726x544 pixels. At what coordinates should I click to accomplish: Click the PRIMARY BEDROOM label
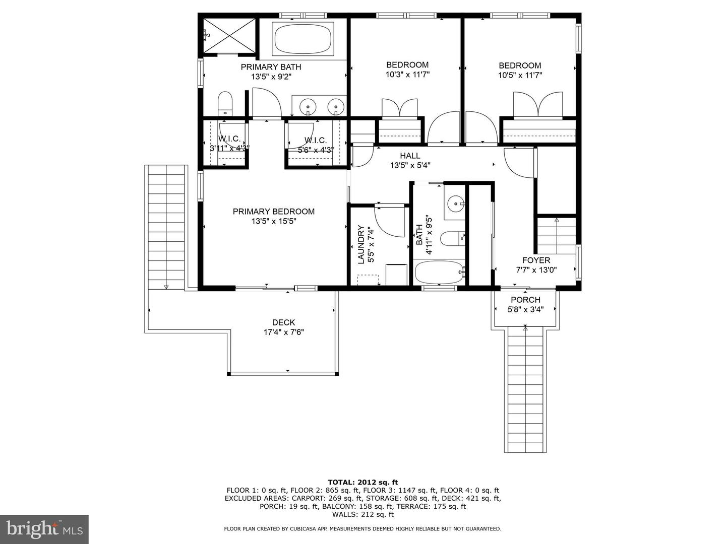tap(273, 212)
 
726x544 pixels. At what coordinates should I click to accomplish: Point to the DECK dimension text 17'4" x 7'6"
tap(283, 332)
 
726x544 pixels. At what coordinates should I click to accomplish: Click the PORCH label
tap(525, 300)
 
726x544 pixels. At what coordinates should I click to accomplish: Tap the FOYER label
tap(536, 260)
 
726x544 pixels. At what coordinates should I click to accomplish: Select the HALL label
tap(410, 156)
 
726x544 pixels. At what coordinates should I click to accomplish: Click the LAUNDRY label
tap(361, 245)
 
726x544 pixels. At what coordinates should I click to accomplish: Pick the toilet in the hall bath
tap(450, 238)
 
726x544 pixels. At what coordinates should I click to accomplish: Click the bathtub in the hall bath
tap(439, 273)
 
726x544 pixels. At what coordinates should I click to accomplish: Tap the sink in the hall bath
tap(456, 204)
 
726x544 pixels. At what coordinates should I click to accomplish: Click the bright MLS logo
tap(44, 529)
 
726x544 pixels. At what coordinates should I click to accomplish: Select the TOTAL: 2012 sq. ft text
tap(362, 482)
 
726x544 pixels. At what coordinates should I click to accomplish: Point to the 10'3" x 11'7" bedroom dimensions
tap(407, 75)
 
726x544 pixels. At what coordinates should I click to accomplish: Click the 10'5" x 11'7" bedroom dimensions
tap(520, 75)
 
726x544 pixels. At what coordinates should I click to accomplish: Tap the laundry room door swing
tap(390, 222)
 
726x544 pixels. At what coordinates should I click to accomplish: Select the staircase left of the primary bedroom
tap(166, 227)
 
